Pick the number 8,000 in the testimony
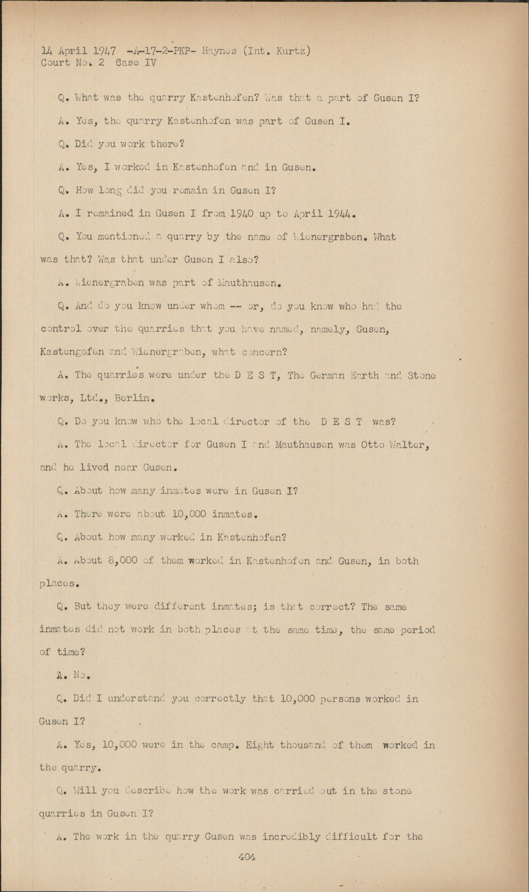[121, 560]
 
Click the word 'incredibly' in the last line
[291, 836]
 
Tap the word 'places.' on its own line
[59, 584]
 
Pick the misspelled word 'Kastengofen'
[72, 352]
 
